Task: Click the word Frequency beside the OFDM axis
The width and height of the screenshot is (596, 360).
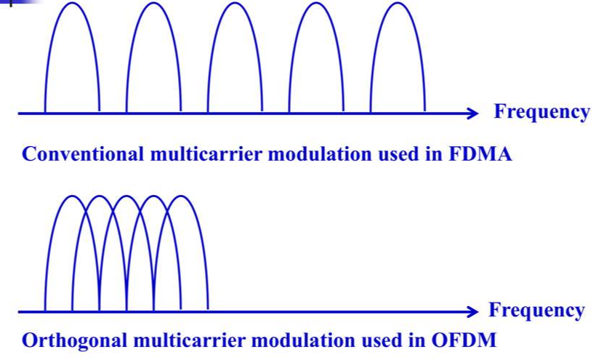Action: [x=536, y=311]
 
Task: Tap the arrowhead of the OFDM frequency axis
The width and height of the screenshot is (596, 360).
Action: [x=473, y=312]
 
